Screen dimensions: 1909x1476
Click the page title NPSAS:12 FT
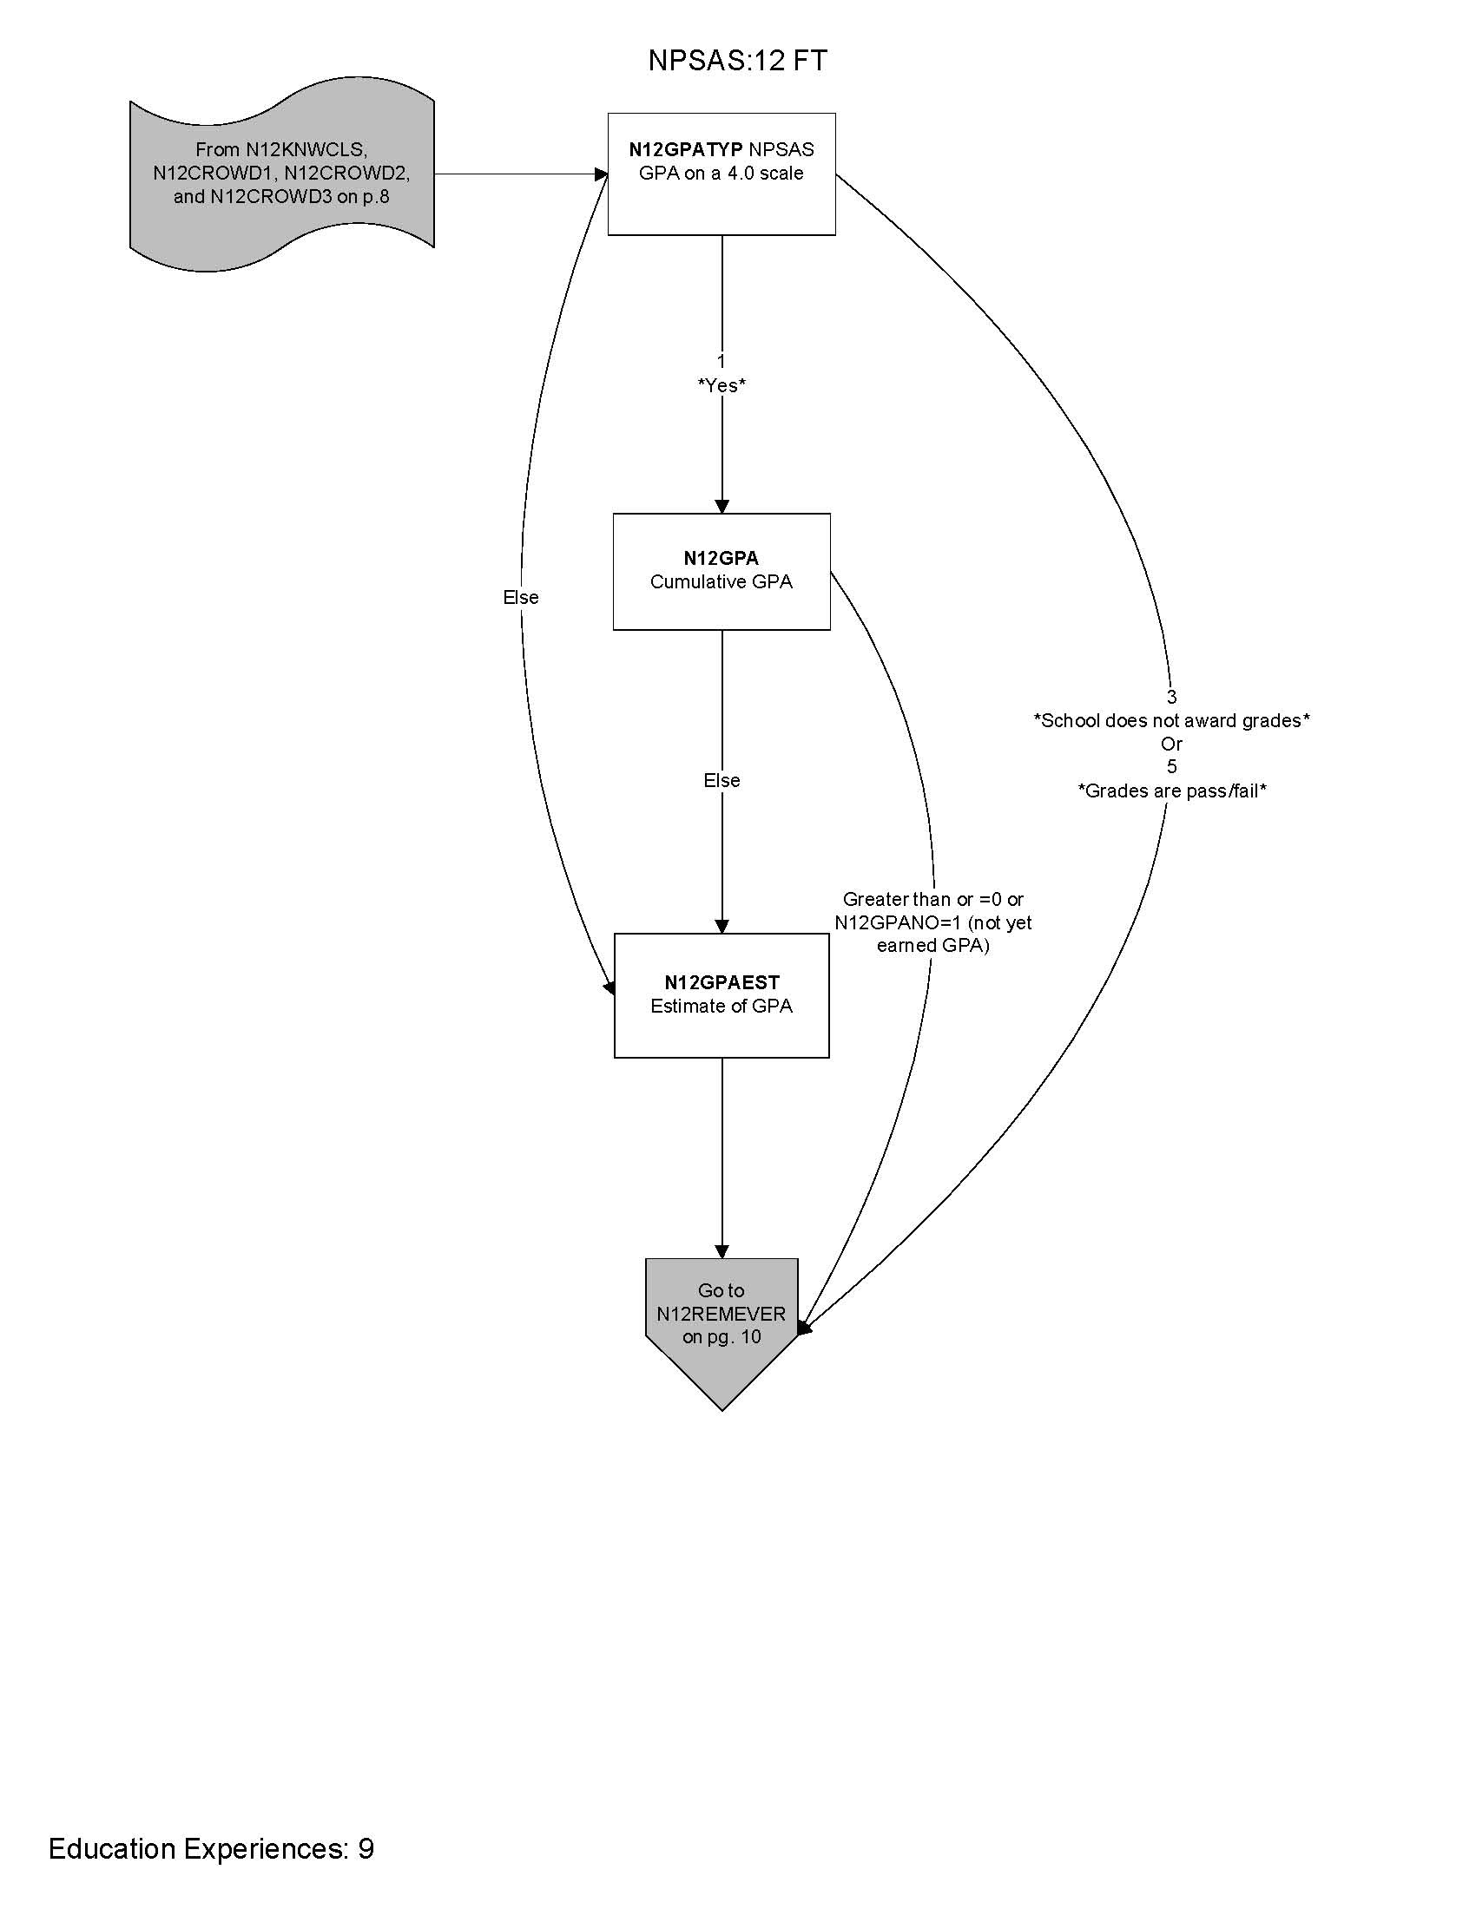point(737,61)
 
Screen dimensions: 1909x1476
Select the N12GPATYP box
point(722,174)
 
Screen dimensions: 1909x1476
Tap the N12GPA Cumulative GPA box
point(722,571)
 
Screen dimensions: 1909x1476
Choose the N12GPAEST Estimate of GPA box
point(722,994)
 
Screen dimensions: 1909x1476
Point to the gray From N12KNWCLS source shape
point(281,174)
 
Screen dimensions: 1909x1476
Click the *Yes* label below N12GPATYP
point(722,385)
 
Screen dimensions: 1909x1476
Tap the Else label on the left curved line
point(521,597)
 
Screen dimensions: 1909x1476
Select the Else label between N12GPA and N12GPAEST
point(722,781)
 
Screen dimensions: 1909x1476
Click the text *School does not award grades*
point(1171,720)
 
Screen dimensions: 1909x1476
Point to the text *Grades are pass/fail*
point(1172,791)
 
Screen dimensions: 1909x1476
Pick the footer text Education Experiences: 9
point(212,1848)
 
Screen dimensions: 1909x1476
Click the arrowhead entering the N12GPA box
point(722,506)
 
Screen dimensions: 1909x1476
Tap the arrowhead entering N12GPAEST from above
point(722,927)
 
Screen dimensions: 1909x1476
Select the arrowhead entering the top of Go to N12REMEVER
point(722,1251)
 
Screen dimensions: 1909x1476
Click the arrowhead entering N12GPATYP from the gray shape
point(602,174)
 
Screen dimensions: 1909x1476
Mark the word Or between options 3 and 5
point(1172,744)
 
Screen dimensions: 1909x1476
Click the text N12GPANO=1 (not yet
point(933,922)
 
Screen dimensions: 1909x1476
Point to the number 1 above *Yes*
point(722,361)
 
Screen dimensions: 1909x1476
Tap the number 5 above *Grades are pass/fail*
point(1172,766)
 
